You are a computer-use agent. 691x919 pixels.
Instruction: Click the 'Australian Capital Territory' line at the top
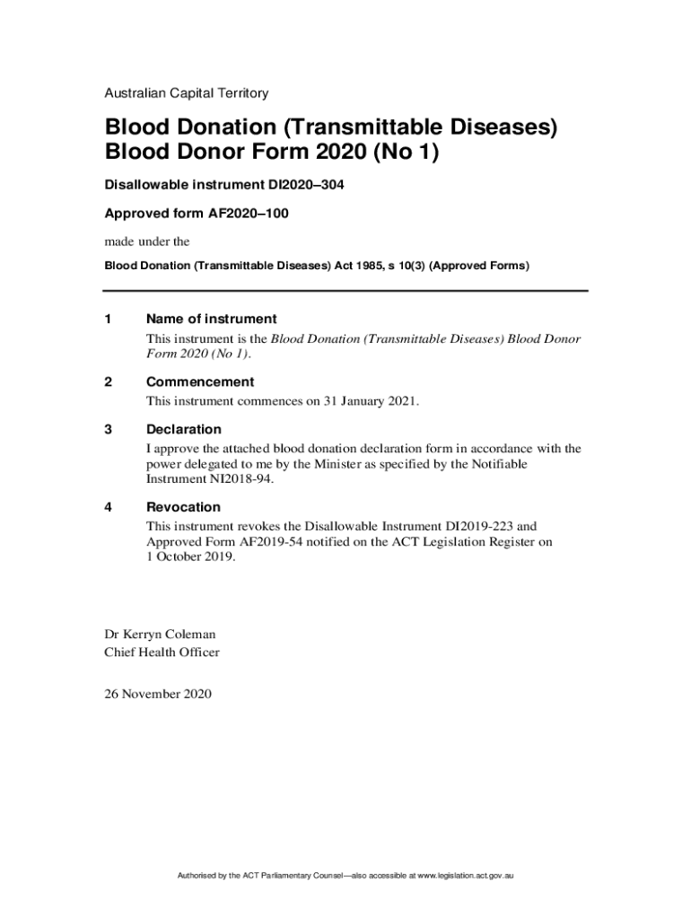click(x=186, y=92)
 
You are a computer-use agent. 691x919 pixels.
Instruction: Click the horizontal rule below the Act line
click(x=345, y=291)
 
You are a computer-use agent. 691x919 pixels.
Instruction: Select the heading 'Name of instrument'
click(x=211, y=319)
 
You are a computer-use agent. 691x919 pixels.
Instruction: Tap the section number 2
click(x=109, y=381)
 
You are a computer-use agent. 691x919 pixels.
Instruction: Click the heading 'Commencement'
click(x=200, y=381)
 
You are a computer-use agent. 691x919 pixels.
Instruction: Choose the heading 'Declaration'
click(x=183, y=429)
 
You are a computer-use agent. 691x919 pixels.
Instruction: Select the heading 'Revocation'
click(x=183, y=507)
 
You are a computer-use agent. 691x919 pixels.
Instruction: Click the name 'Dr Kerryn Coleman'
click(x=160, y=635)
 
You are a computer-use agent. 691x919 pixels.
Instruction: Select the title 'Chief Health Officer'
click(x=162, y=652)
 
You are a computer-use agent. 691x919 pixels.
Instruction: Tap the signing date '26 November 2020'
click(x=158, y=693)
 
